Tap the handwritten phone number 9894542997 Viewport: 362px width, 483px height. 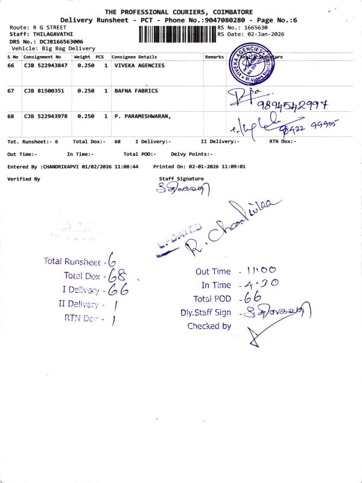291,106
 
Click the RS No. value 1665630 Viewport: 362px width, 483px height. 261,28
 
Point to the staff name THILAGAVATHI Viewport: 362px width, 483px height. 53,34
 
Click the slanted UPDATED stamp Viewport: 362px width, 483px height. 179,238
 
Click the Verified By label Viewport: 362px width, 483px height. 24,179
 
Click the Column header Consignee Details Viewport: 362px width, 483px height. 135,57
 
